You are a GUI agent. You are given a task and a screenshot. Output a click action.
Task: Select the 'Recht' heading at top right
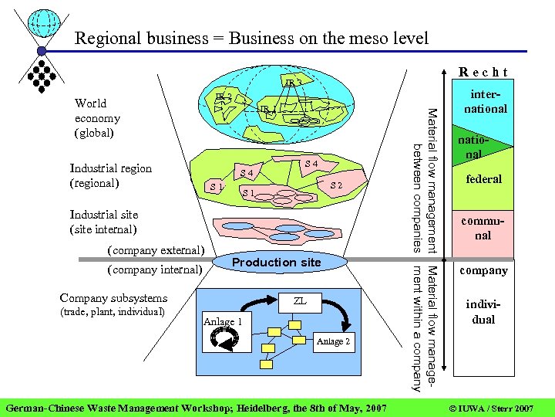tap(483, 73)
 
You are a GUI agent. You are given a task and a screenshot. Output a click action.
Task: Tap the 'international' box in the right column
tap(484, 100)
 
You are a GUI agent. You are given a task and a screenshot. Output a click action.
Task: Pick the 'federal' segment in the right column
tap(483, 179)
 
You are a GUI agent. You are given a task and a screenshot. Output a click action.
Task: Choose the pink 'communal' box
tap(483, 228)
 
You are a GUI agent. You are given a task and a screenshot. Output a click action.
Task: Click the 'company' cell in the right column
tap(483, 270)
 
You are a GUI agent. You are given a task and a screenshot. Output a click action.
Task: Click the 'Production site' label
tap(276, 263)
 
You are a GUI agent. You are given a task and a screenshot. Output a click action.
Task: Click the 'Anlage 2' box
tap(333, 341)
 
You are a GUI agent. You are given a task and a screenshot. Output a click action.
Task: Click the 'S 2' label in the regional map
tap(336, 186)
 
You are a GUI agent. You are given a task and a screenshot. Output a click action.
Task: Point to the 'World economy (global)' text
tap(97, 117)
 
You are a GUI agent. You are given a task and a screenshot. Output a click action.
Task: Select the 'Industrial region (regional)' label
tap(111, 175)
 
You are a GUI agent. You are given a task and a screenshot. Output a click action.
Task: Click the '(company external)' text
tap(155, 250)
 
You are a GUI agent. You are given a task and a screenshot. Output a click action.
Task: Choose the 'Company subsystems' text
tap(113, 297)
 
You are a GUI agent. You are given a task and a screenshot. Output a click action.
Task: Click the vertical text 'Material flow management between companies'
tap(425, 179)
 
